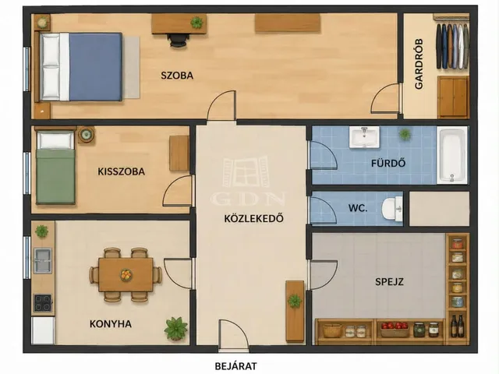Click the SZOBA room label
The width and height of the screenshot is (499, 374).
(177, 76)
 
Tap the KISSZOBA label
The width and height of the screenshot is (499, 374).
(122, 171)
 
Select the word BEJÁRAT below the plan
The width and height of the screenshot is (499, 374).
(235, 366)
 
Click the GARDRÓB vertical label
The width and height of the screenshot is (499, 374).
(419, 64)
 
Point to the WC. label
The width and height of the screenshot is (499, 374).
(358, 209)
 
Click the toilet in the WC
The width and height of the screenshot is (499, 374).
(392, 209)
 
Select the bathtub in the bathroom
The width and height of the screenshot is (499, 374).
(452, 155)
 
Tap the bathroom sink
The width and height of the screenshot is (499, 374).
(364, 137)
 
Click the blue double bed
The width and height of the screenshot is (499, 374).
(81, 67)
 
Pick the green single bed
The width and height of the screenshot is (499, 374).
(55, 168)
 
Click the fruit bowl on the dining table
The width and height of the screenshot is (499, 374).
(126, 274)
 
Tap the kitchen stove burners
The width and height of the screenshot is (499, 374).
(43, 303)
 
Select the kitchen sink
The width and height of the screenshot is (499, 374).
(43, 261)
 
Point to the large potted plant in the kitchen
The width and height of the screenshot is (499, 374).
(175, 328)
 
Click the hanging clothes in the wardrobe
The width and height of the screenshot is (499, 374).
(452, 46)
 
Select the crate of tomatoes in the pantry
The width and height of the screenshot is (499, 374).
(395, 329)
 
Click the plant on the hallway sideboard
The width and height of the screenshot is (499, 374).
(295, 300)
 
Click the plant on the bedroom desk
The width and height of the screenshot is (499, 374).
(196, 23)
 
